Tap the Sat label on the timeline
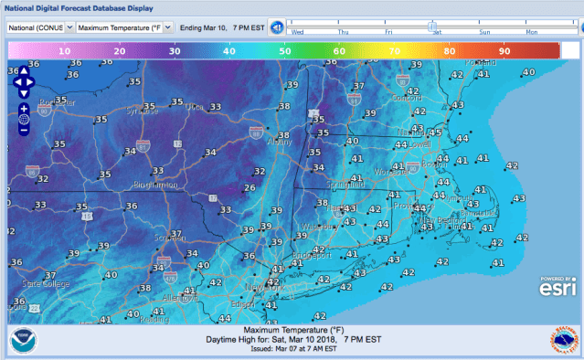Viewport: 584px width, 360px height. pyautogui.click(x=437, y=32)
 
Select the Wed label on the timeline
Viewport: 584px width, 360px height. pyautogui.click(x=297, y=32)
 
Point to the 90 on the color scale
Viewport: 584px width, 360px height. pyautogui.click(x=504, y=51)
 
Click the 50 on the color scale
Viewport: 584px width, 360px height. pyautogui.click(x=286, y=51)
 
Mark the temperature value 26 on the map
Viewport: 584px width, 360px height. pyautogui.click(x=249, y=188)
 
